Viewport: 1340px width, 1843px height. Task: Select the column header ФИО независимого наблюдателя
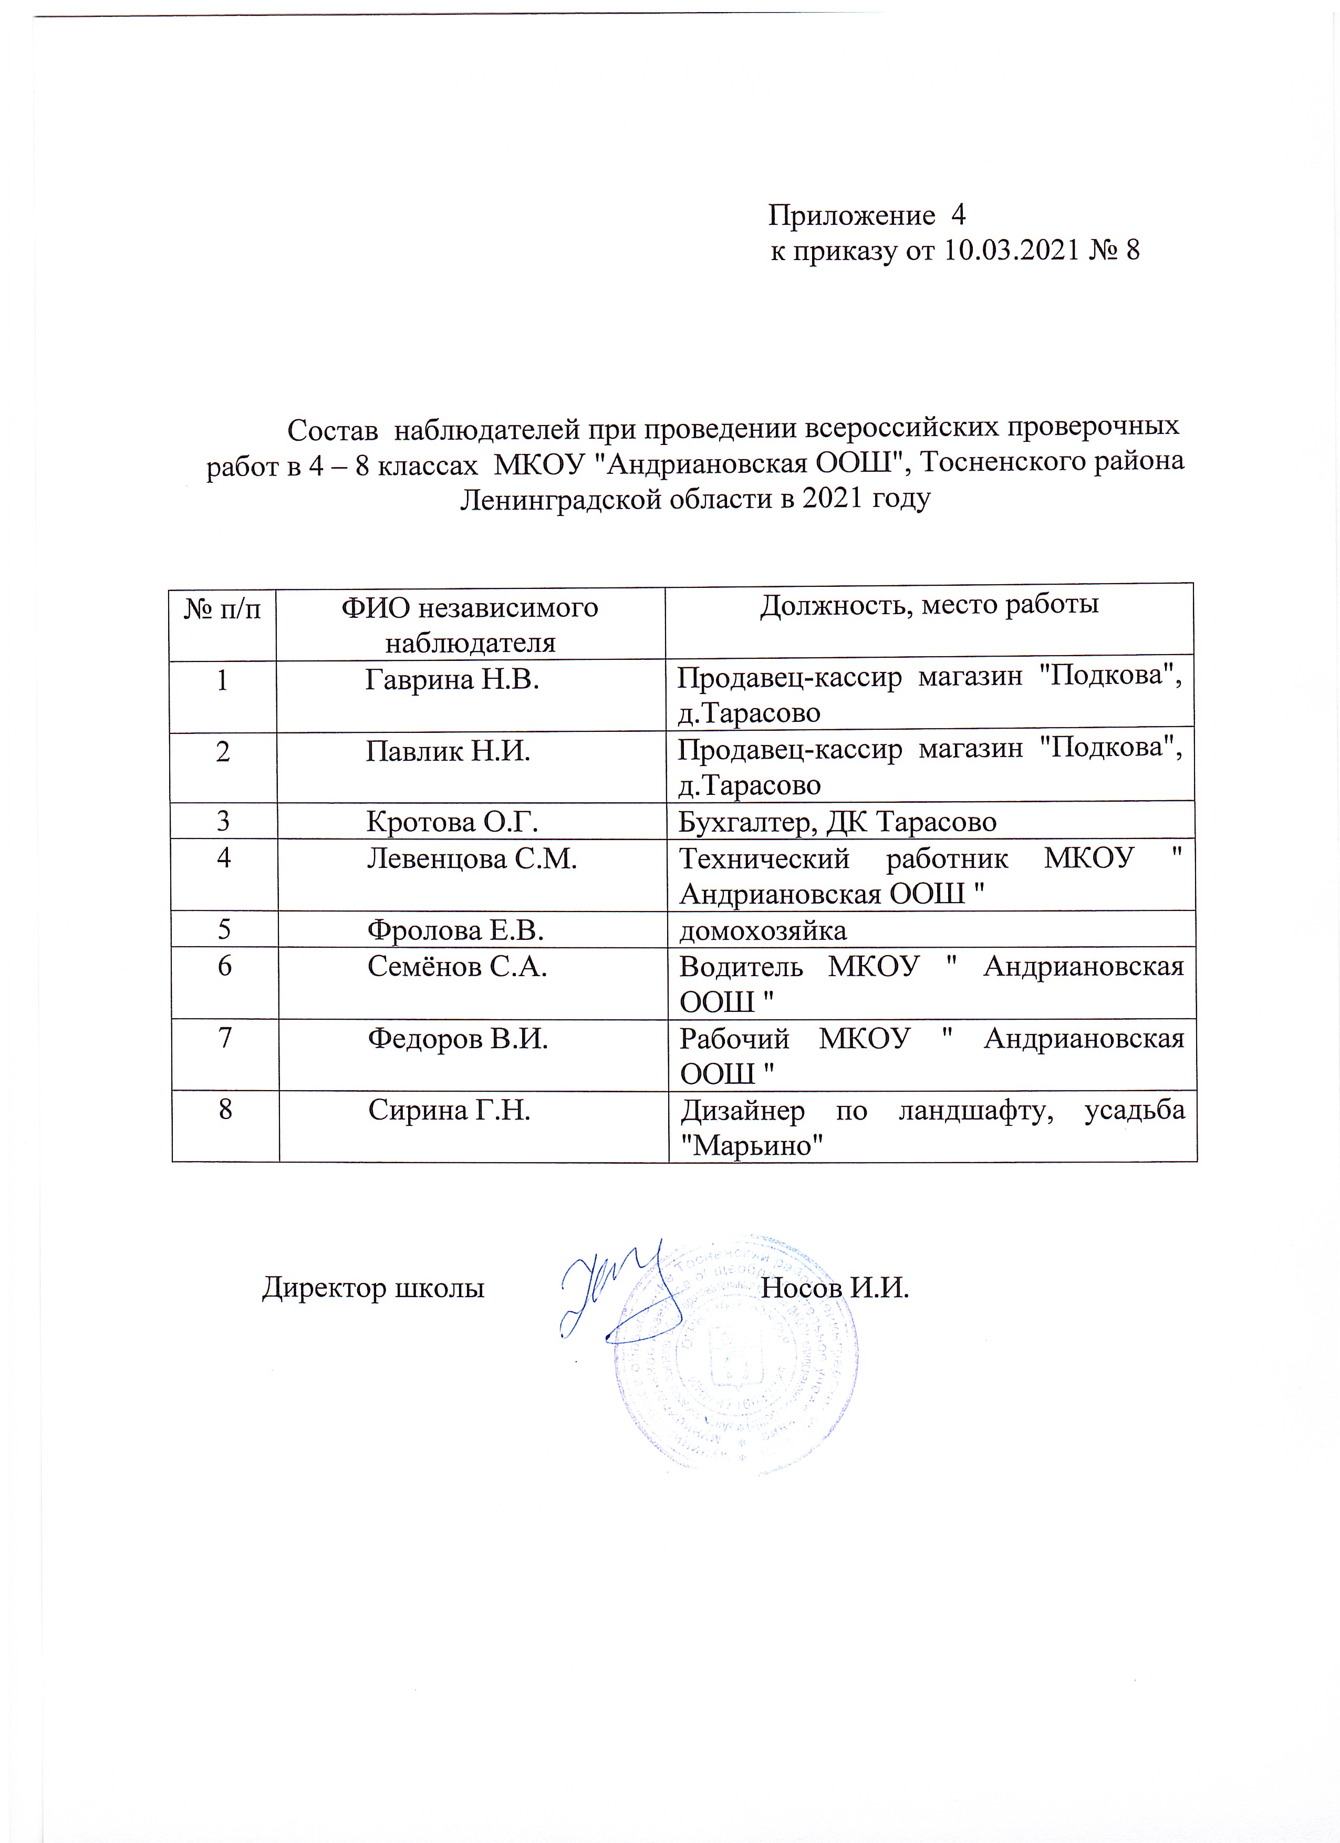point(470,625)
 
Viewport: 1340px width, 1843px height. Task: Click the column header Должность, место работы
point(929,605)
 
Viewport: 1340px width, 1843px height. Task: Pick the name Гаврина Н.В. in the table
point(453,679)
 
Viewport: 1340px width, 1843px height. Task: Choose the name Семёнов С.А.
point(458,966)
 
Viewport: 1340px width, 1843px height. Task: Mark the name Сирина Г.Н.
point(449,1110)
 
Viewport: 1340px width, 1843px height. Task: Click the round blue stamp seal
point(735,1365)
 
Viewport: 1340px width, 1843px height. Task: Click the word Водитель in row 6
point(741,966)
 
